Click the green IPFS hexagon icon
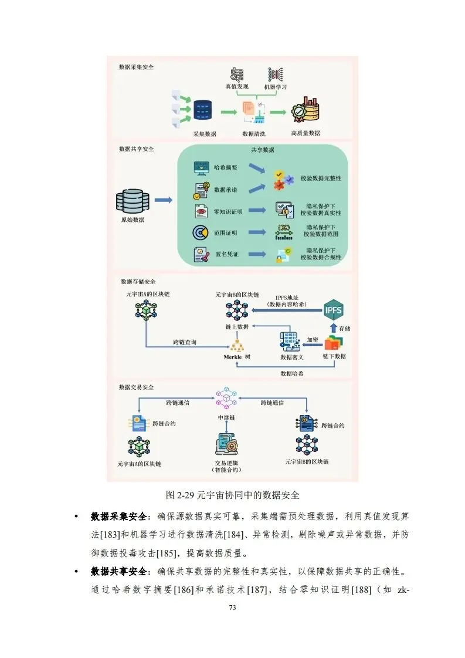[x=333, y=308]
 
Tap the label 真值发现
[x=237, y=87]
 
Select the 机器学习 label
[x=275, y=87]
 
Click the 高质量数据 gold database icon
[x=305, y=110]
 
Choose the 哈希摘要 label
[x=226, y=167]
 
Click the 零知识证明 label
[x=228, y=211]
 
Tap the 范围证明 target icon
[x=201, y=233]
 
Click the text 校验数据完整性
[x=321, y=177]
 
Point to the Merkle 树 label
[x=237, y=357]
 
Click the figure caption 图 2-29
[x=233, y=494]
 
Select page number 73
[x=232, y=608]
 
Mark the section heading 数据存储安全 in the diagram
[x=137, y=282]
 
